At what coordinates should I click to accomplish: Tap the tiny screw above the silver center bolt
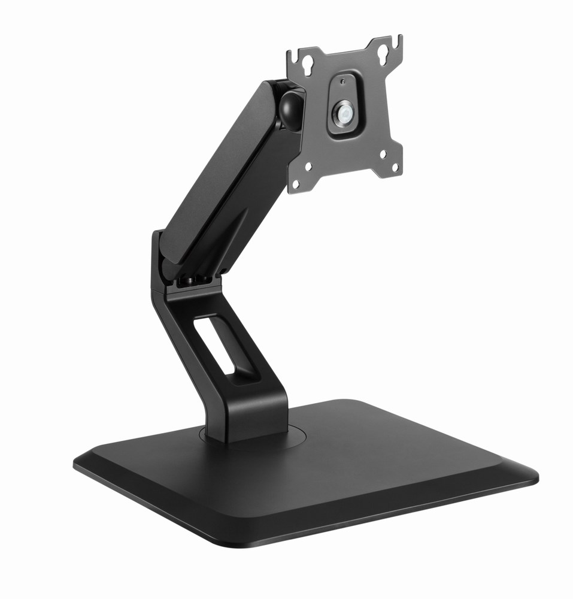pyautogui.click(x=342, y=81)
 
